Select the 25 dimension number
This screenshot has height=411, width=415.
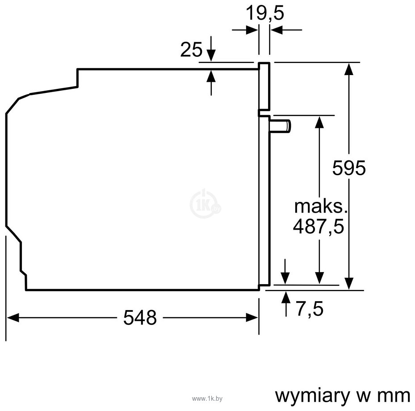(191, 50)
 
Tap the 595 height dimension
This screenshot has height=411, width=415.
(349, 168)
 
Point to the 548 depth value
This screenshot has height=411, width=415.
(140, 318)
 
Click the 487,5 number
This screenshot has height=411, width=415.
(319, 227)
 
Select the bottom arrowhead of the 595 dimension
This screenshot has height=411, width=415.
(349, 282)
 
